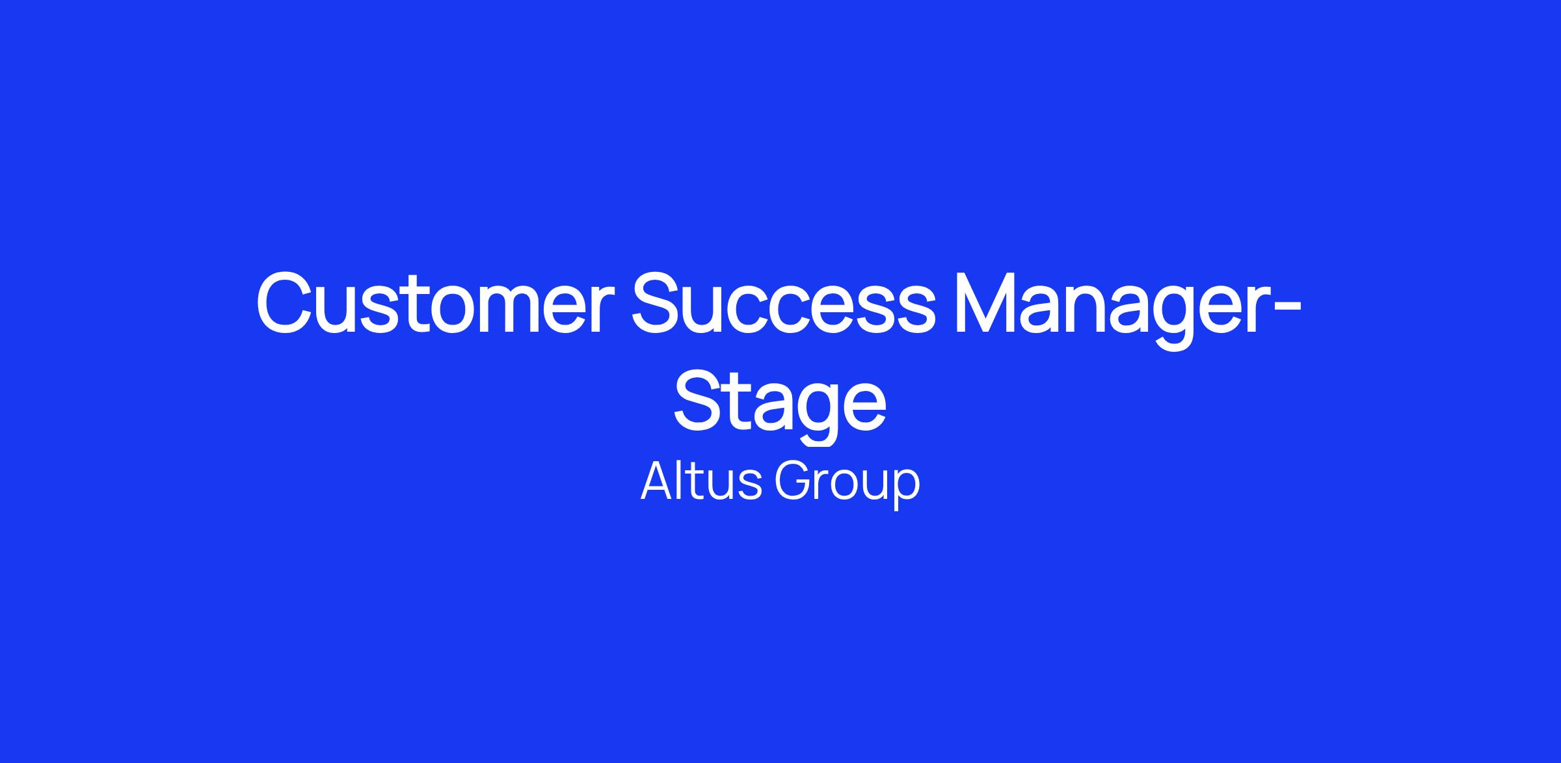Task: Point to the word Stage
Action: click(x=780, y=405)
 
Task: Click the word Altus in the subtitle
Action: click(x=701, y=481)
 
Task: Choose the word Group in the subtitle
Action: click(x=847, y=485)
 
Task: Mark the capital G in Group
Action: click(x=792, y=481)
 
